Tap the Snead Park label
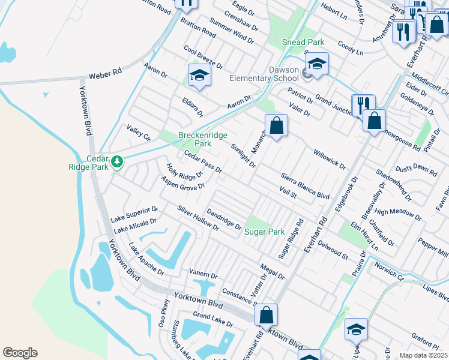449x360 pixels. (303, 42)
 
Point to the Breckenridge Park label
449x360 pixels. (194, 139)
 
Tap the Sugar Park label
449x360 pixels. (264, 232)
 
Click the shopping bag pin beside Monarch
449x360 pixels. (276, 126)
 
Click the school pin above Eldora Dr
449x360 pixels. (199, 75)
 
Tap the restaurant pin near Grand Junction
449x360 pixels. (363, 106)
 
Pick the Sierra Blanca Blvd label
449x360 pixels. (306, 187)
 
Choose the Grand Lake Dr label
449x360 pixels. (213, 319)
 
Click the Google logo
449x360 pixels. (20, 353)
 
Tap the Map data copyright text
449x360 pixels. (424, 355)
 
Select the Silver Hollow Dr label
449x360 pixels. (197, 220)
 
